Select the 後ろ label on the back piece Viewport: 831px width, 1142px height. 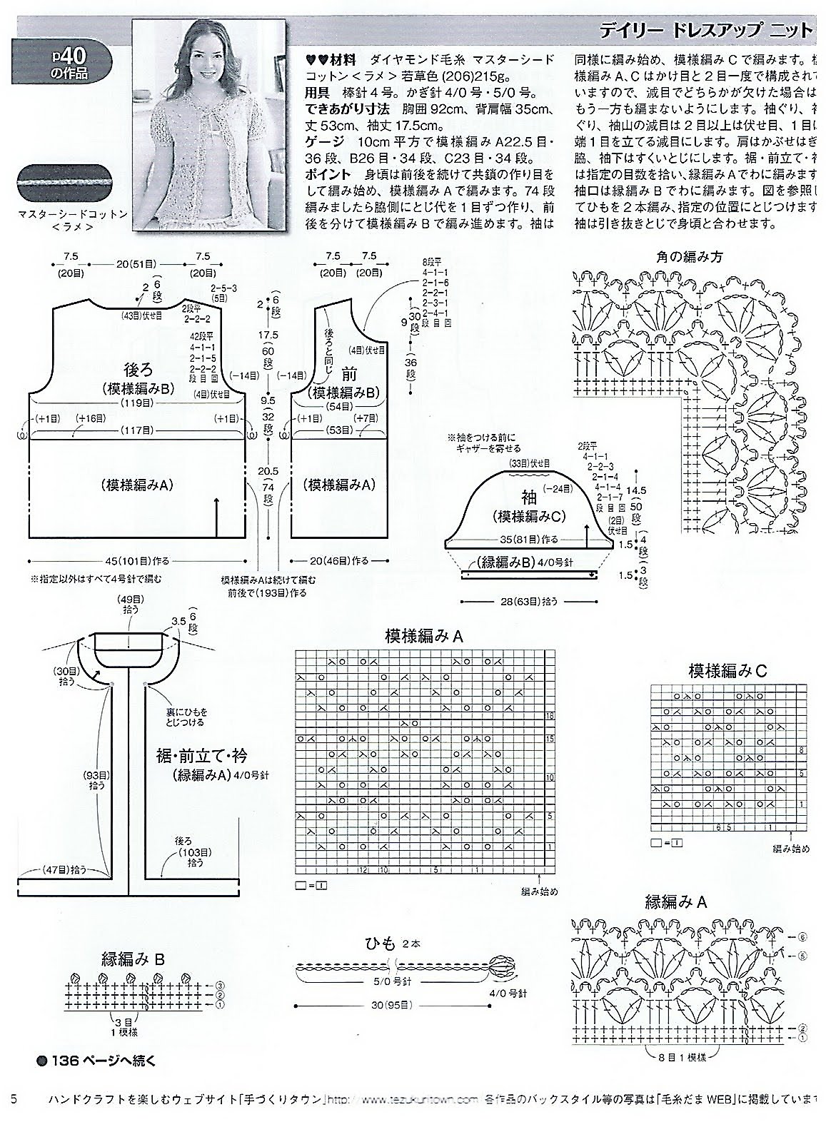coord(138,369)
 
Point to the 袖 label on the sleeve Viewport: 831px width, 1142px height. coord(529,497)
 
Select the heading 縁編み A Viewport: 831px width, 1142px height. coord(675,901)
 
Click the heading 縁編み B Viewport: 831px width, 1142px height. coord(134,959)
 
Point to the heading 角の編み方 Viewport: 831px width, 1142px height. coord(689,256)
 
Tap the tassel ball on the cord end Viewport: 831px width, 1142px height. coord(498,969)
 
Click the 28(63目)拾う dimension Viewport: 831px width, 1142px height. coord(528,602)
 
